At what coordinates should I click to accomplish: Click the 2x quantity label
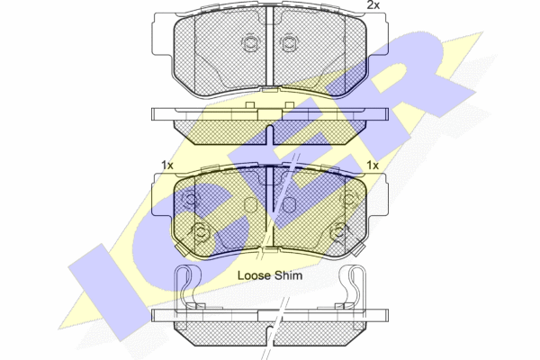[x=373, y=4]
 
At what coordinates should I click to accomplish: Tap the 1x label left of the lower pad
[x=167, y=166]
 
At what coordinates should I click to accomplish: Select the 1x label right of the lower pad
[x=373, y=166]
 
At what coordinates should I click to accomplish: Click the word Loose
[x=254, y=275]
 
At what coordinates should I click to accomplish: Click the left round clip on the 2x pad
[x=249, y=43]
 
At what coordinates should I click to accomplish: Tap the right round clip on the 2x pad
[x=289, y=43]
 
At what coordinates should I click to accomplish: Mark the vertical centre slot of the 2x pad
[x=270, y=47]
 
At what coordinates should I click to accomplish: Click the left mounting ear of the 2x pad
[x=163, y=34]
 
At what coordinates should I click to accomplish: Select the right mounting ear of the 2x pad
[x=377, y=34]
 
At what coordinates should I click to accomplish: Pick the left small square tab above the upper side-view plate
[x=250, y=105]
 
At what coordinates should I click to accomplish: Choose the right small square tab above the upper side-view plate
[x=289, y=105]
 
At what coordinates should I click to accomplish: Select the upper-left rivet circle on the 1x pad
[x=191, y=199]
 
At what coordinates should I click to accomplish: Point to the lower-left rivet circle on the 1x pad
[x=200, y=233]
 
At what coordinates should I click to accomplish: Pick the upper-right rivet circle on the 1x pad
[x=348, y=199]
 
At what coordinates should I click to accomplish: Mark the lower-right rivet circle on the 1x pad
[x=339, y=233]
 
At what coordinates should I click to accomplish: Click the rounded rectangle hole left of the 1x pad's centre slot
[x=251, y=205]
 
